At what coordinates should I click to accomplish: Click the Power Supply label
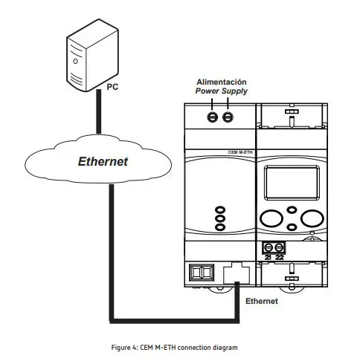click(x=221, y=91)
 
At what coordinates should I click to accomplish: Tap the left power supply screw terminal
click(x=213, y=117)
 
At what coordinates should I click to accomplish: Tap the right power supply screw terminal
click(x=227, y=117)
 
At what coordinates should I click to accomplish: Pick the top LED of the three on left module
click(x=219, y=210)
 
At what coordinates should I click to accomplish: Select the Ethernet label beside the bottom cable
click(x=261, y=302)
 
